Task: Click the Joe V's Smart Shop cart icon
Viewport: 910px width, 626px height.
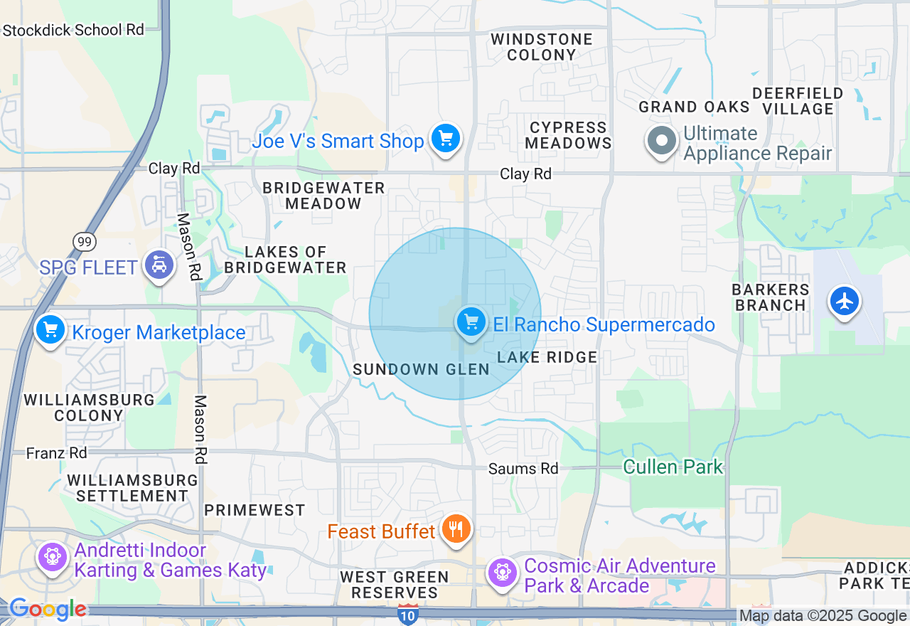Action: click(446, 138)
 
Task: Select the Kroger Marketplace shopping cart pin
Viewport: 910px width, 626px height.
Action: click(50, 330)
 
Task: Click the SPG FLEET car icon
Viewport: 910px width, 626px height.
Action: click(159, 265)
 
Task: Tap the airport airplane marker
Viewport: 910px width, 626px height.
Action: click(845, 302)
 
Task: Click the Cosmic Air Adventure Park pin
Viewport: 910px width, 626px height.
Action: click(503, 572)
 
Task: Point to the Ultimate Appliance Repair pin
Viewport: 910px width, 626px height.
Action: click(662, 141)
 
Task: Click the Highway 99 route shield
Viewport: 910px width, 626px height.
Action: click(84, 242)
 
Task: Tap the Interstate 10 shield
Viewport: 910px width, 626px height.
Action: click(407, 615)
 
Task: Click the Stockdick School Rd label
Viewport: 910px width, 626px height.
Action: click(73, 30)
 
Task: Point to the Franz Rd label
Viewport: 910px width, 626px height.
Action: click(57, 453)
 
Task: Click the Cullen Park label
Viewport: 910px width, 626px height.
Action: click(673, 467)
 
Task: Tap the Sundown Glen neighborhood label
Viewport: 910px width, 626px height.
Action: click(421, 369)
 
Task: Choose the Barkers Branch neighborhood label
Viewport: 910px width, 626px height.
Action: click(771, 297)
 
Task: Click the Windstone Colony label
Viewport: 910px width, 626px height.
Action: click(542, 47)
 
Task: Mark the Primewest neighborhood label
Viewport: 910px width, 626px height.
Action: click(255, 510)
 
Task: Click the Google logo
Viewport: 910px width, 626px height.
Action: click(48, 610)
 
